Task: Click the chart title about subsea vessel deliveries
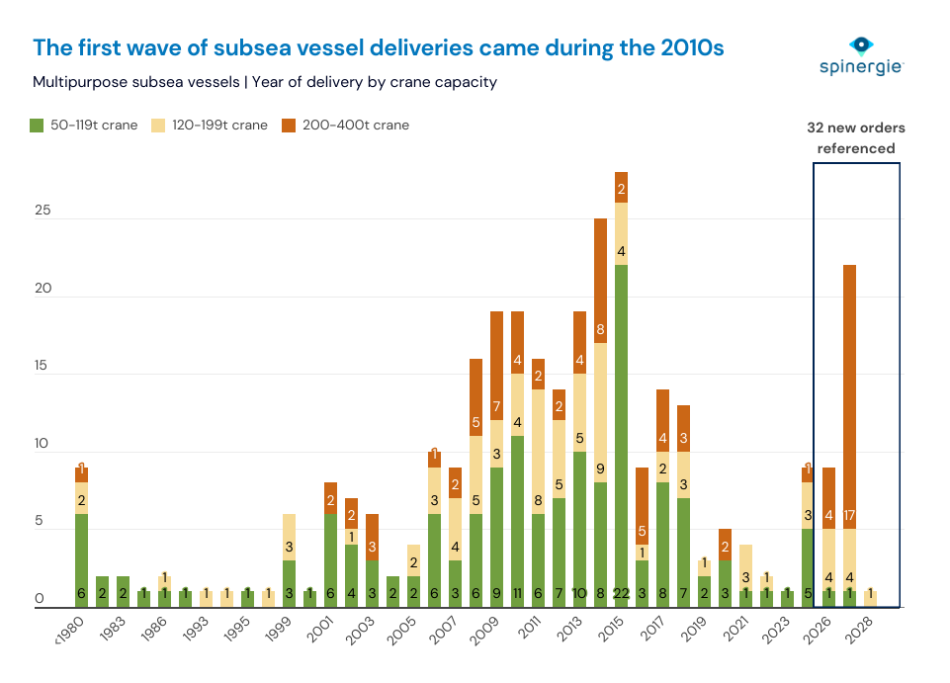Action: point(379,47)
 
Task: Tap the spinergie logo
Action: point(862,56)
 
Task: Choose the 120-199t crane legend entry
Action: point(208,126)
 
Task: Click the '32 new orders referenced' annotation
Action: point(855,138)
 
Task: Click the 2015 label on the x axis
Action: point(615,629)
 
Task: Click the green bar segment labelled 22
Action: point(621,435)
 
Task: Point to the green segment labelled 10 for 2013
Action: point(579,529)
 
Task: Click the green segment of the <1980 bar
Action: point(81,559)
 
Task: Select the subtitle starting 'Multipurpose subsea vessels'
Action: point(264,82)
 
